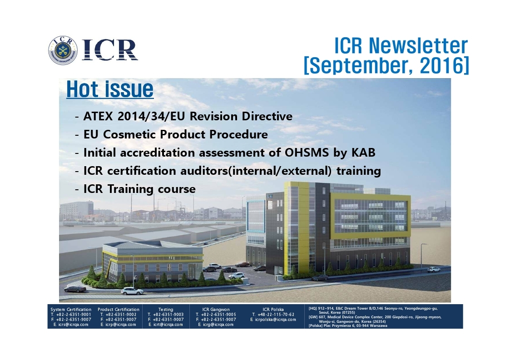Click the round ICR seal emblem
pyautogui.click(x=63, y=50)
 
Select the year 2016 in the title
pyautogui.click(x=442, y=65)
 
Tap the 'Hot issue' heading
pyautogui.click(x=110, y=89)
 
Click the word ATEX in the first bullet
pyautogui.click(x=99, y=116)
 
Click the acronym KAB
pyautogui.click(x=363, y=153)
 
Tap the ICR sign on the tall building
pyautogui.click(x=270, y=196)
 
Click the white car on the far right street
pyautogui.click(x=434, y=269)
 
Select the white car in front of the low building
pyautogui.click(x=132, y=291)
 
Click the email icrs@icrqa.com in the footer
pyautogui.click(x=73, y=324)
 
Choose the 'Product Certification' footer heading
pyautogui.click(x=119, y=309)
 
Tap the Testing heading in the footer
pyautogui.click(x=166, y=309)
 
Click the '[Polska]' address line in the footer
pyautogui.click(x=348, y=325)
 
